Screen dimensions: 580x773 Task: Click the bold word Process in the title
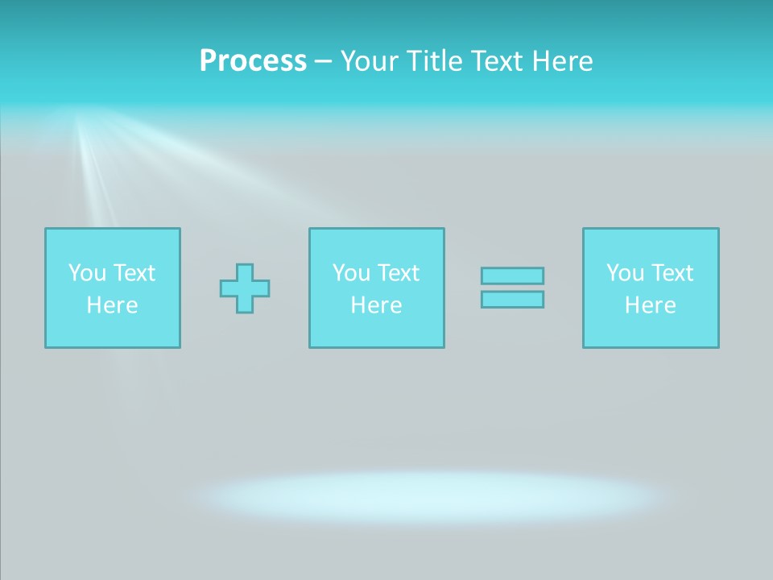point(253,61)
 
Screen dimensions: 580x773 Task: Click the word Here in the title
point(563,61)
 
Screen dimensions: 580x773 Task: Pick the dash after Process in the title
point(323,62)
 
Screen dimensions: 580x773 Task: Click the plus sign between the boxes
point(245,288)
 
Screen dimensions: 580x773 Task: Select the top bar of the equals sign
point(512,276)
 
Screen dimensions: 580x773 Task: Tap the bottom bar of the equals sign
point(512,300)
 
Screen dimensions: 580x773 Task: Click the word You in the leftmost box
point(87,273)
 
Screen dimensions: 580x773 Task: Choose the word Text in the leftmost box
point(134,273)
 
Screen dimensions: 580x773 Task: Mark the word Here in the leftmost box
point(112,305)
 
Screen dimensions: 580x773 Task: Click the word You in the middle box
point(351,273)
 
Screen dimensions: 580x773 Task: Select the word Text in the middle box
point(398,273)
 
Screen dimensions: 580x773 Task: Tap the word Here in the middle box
point(376,305)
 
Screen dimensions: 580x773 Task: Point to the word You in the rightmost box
point(625,273)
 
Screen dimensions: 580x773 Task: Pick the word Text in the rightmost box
point(672,273)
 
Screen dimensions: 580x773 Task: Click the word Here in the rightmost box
point(650,305)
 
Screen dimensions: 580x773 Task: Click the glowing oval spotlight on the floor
point(435,495)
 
